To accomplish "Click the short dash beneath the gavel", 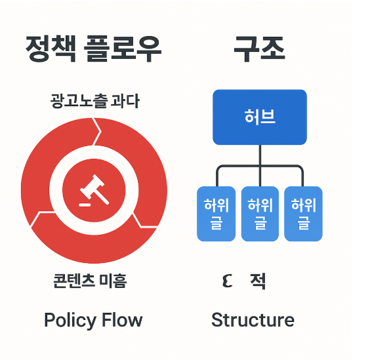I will click(83, 205).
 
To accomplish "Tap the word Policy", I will click(66, 321).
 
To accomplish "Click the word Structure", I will click(253, 321).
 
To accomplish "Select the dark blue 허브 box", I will click(260, 117).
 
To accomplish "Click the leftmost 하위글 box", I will click(216, 214).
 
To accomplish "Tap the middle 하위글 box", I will click(260, 214).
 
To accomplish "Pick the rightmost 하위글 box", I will click(303, 214).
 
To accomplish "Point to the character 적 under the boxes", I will click(258, 282).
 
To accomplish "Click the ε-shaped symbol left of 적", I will click(227, 282).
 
